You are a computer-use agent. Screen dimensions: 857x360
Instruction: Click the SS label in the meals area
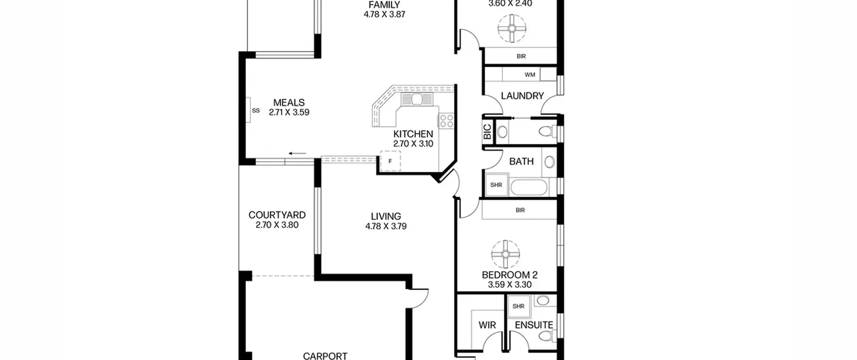point(256,111)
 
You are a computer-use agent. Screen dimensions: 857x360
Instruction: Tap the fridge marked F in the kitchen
point(390,161)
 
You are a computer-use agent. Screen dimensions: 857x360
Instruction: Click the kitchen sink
point(417,99)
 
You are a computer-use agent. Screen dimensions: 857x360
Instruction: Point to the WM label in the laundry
point(530,75)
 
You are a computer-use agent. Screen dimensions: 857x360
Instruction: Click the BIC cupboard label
point(487,132)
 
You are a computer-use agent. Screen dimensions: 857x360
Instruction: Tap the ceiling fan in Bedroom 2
point(505,254)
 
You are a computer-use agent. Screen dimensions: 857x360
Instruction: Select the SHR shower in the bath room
point(496,185)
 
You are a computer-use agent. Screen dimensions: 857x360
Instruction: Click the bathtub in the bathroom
point(529,187)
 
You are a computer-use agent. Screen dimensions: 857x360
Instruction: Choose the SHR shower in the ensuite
point(519,306)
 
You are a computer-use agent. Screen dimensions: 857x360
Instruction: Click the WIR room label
point(487,325)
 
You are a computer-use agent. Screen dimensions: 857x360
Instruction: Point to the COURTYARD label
point(277,215)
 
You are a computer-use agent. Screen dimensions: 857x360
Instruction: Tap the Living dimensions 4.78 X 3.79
point(386,226)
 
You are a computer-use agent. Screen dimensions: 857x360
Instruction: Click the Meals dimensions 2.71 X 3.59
point(289,112)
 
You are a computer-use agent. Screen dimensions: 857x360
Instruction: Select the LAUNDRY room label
point(522,96)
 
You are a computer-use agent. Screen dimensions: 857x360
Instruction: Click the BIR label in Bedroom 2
point(520,210)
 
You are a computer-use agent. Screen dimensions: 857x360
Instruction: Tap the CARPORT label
point(325,356)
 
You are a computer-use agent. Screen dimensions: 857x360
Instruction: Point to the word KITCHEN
point(413,134)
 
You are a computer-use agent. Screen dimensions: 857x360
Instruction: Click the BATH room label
point(521,161)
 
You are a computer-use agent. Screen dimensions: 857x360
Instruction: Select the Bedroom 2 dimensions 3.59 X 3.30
point(510,285)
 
